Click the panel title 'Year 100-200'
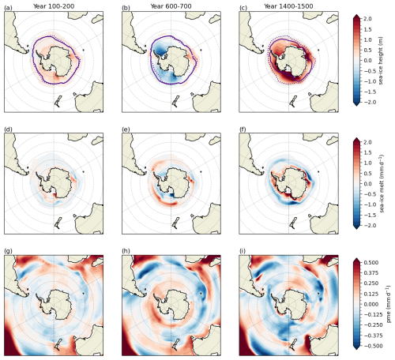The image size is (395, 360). pyautogui.click(x=54, y=6)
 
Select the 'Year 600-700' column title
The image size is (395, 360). pyautogui.click(x=171, y=6)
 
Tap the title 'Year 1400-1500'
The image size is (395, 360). pyautogui.click(x=288, y=6)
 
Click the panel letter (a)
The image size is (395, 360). pyautogui.click(x=8, y=8)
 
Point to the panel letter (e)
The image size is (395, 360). pyautogui.click(x=126, y=129)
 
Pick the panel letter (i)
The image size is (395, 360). pyautogui.click(x=243, y=251)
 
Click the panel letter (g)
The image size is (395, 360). pyautogui.click(x=8, y=251)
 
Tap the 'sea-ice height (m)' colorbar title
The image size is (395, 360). pyautogui.click(x=381, y=61)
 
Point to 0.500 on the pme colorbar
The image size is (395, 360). pyautogui.click(x=371, y=262)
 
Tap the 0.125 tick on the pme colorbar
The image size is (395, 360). pyautogui.click(x=371, y=294)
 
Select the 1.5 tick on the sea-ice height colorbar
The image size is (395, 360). pyautogui.click(x=368, y=29)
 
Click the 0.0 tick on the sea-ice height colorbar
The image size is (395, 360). pyautogui.click(x=368, y=61)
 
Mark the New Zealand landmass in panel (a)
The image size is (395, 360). pyautogui.click(x=58, y=101)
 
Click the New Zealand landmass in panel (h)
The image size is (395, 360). pyautogui.click(x=175, y=344)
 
